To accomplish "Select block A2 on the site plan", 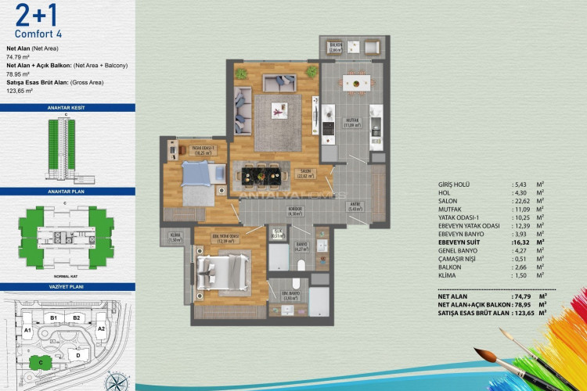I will pyautogui.click(x=101, y=329).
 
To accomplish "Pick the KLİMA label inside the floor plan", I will pyautogui.click(x=174, y=239).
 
